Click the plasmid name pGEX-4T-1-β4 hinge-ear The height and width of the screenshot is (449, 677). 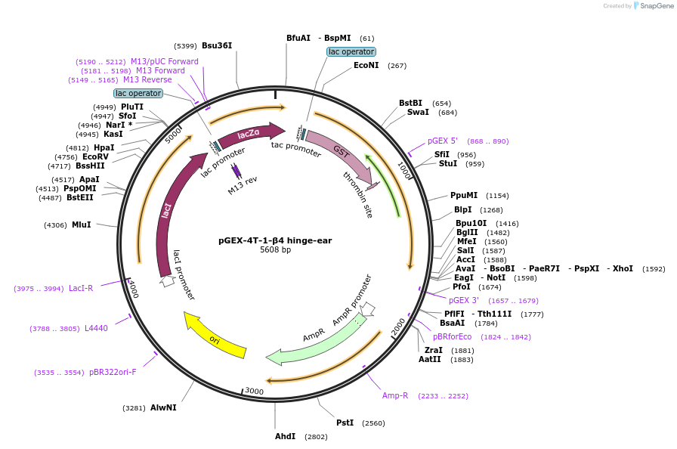(275, 240)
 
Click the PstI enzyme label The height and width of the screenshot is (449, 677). (345, 423)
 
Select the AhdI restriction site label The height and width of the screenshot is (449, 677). (286, 437)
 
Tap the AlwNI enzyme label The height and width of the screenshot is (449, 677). (163, 407)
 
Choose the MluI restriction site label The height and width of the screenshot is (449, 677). (82, 224)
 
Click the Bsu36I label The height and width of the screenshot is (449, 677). (217, 45)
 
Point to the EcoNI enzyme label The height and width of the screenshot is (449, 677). (366, 65)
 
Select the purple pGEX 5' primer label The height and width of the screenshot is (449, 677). (443, 141)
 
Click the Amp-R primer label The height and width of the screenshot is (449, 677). (395, 395)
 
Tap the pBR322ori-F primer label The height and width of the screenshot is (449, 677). (113, 372)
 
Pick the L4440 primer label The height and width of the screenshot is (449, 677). (96, 328)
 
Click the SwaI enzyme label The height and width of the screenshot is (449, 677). (418, 112)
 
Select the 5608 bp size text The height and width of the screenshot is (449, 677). (275, 250)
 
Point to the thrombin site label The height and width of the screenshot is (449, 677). (358, 194)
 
